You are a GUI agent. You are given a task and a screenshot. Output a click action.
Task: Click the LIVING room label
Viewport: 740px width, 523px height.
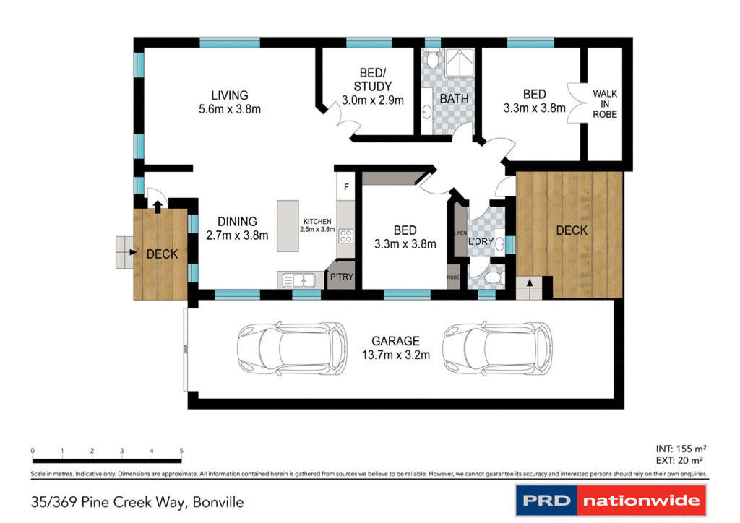[229, 95]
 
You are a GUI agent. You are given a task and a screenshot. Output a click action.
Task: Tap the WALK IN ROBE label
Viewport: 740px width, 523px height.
[604, 103]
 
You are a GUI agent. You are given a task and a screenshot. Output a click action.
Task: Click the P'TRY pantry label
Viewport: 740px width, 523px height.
[340, 277]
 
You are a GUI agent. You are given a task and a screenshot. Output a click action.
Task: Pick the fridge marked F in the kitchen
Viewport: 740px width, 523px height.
[346, 187]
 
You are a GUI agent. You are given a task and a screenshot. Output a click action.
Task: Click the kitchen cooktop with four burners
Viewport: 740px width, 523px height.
[345, 235]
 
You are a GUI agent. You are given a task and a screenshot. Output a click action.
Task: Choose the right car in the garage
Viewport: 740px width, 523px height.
[497, 348]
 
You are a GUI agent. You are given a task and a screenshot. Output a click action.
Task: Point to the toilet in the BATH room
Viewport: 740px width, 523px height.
[432, 58]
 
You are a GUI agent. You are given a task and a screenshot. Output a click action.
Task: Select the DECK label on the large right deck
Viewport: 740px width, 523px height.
[571, 231]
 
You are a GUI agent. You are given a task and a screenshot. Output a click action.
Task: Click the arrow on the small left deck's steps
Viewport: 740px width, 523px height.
[133, 253]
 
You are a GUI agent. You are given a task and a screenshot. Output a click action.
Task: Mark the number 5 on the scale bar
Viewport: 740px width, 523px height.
[181, 451]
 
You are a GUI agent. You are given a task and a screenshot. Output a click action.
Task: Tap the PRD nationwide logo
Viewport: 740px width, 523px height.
[611, 500]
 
